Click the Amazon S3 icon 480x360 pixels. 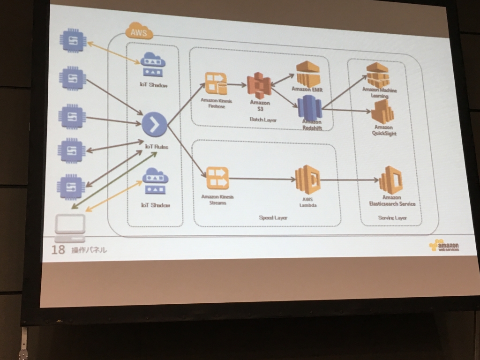(259, 85)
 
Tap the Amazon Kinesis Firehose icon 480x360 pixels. (216, 83)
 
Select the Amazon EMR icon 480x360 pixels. (307, 73)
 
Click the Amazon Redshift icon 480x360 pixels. (309, 107)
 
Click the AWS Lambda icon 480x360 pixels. (307, 180)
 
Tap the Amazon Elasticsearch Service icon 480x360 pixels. (391, 180)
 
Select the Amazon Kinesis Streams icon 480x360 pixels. (217, 178)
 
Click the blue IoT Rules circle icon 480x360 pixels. (154, 124)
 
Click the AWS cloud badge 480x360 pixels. (139, 32)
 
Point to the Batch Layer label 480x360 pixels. (263, 120)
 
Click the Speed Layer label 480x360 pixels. (273, 217)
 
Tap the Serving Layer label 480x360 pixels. (392, 217)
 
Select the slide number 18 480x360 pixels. (58, 249)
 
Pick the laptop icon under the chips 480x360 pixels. (70, 227)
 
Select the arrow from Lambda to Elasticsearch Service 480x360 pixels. (349, 180)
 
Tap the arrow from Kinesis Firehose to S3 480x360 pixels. (237, 85)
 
